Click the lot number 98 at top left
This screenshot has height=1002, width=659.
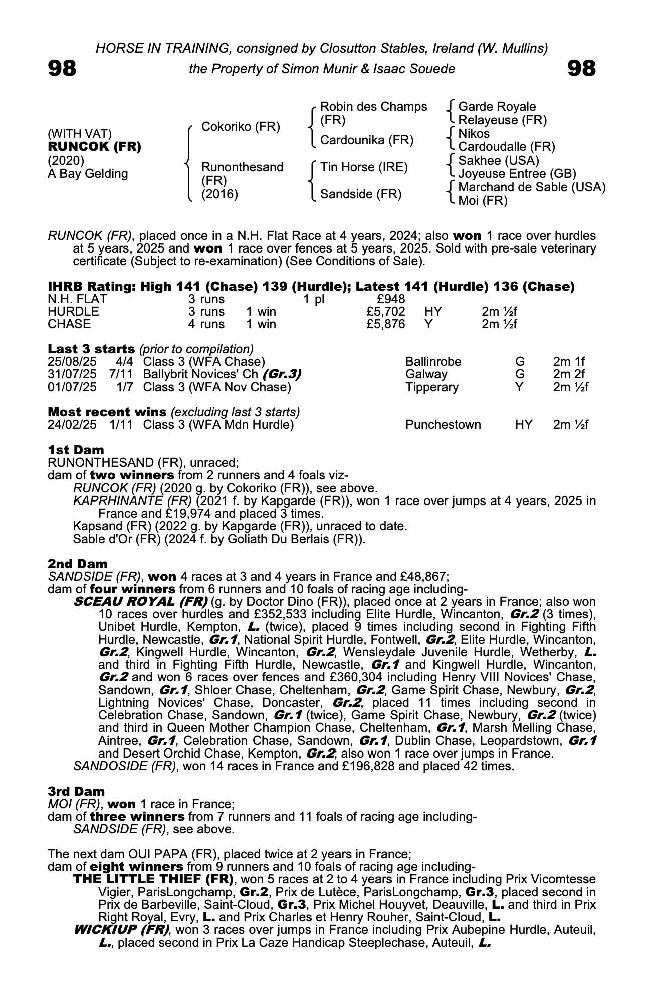tap(62, 69)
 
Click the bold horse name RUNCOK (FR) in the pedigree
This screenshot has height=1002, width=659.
tap(94, 147)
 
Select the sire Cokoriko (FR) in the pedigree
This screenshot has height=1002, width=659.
tap(241, 127)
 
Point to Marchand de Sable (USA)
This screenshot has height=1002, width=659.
tap(532, 187)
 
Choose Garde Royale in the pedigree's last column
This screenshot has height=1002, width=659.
tap(497, 107)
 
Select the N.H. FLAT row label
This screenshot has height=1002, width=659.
tap(77, 299)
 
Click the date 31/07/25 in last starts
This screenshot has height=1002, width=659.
tap(72, 374)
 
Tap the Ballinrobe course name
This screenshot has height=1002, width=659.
tap(433, 362)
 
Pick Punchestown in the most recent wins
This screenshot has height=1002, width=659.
tap(443, 425)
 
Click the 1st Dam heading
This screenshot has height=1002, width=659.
tap(76, 450)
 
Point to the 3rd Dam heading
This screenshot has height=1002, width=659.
tap(76, 792)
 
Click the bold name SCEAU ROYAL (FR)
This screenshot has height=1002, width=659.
tap(140, 601)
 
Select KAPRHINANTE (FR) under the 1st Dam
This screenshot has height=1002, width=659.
tap(132, 501)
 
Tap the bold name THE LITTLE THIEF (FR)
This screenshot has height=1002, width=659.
tap(153, 879)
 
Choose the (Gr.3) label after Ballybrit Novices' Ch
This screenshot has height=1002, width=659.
tap(282, 374)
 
